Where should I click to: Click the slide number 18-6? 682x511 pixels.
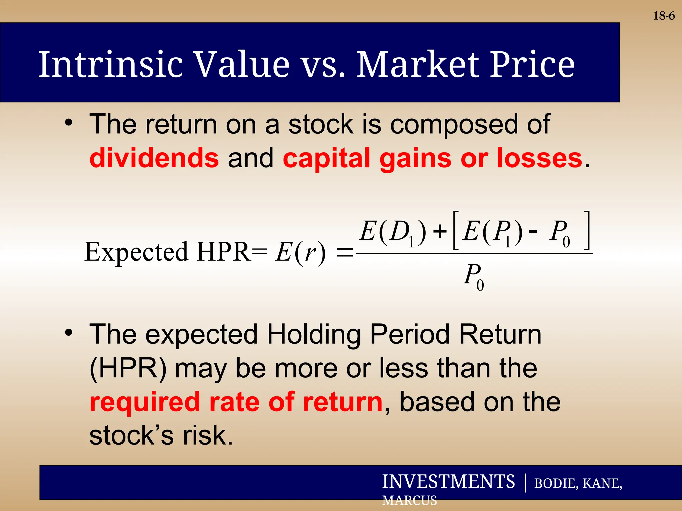(664, 16)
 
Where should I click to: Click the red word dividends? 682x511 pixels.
(154, 158)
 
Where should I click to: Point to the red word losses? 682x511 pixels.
(539, 158)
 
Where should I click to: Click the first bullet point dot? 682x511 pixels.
(68, 123)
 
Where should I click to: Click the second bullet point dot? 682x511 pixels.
(68, 332)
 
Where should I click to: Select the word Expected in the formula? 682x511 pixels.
(137, 252)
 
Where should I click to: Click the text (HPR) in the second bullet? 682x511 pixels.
(128, 369)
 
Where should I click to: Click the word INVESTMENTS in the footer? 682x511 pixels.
(448, 482)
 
